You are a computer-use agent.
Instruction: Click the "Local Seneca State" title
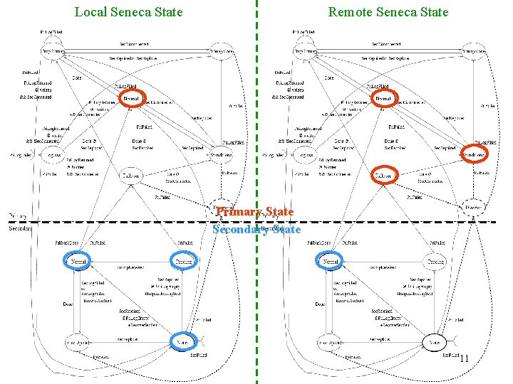point(128,11)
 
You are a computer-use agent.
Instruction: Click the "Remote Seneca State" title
point(388,11)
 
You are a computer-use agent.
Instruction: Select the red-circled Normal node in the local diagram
point(131,98)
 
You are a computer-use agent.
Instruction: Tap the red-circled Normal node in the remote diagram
point(383,98)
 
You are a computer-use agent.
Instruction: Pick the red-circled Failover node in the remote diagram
point(385,175)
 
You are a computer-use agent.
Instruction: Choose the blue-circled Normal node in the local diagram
point(78,262)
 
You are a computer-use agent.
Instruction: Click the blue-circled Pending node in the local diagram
point(182,262)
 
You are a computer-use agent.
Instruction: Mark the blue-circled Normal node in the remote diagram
point(331,262)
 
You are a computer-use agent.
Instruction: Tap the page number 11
point(463,358)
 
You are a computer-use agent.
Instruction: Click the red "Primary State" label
point(254,212)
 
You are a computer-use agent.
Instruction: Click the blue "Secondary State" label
point(256,229)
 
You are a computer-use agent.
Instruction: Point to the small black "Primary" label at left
point(18,215)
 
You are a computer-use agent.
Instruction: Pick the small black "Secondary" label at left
point(19,229)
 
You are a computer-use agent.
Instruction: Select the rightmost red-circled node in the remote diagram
point(475,153)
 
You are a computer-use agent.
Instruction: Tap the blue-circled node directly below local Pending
point(182,342)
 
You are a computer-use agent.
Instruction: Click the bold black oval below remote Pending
point(435,342)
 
